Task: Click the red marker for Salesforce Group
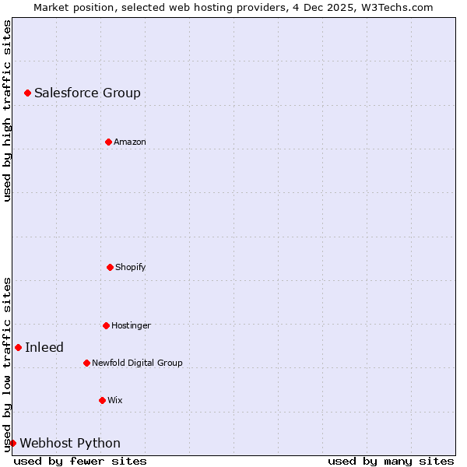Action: click(x=27, y=93)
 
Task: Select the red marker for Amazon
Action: click(x=108, y=142)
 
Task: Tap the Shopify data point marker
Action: click(x=110, y=267)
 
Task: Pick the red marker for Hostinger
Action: click(x=106, y=325)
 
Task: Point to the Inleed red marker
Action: click(x=18, y=347)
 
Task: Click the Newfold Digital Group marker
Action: click(x=86, y=363)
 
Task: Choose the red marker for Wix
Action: click(x=102, y=400)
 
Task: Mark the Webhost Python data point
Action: click(x=12, y=443)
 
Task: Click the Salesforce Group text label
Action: click(x=87, y=93)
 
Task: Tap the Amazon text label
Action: click(x=129, y=142)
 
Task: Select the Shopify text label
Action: click(x=130, y=267)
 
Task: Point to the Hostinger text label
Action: click(x=131, y=325)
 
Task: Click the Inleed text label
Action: click(x=44, y=348)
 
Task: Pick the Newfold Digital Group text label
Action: click(x=137, y=363)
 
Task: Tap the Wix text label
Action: click(x=114, y=400)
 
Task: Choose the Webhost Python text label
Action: click(x=70, y=444)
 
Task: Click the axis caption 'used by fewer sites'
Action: click(x=80, y=461)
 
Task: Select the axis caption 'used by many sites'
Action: click(x=391, y=461)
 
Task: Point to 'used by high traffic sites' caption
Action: click(x=7, y=111)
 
